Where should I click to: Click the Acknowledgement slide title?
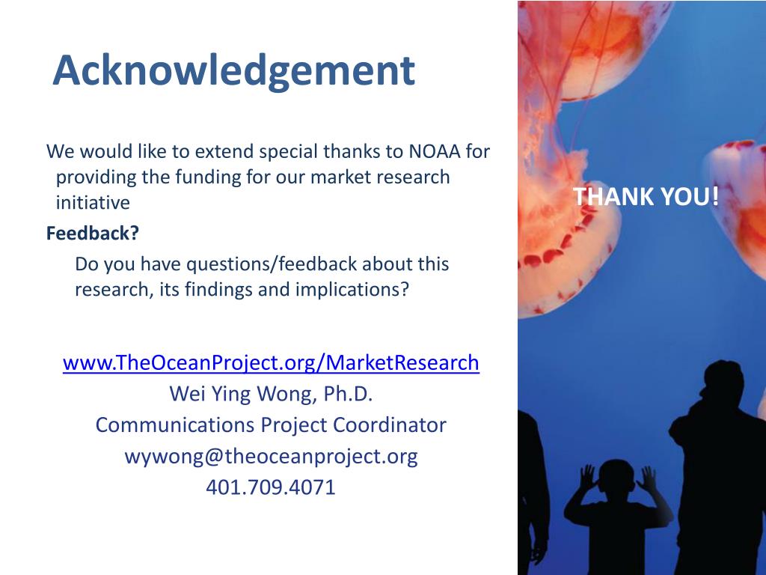[x=233, y=70]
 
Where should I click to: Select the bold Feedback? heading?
[x=93, y=234]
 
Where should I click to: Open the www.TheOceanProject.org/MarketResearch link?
[x=271, y=363]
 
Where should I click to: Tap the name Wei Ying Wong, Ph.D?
[x=271, y=394]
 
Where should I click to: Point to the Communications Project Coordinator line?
[x=271, y=425]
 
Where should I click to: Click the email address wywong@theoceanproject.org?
[x=271, y=456]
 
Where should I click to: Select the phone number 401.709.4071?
[x=271, y=487]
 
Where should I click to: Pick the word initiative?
[x=93, y=203]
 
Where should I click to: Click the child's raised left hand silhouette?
[x=587, y=476]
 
